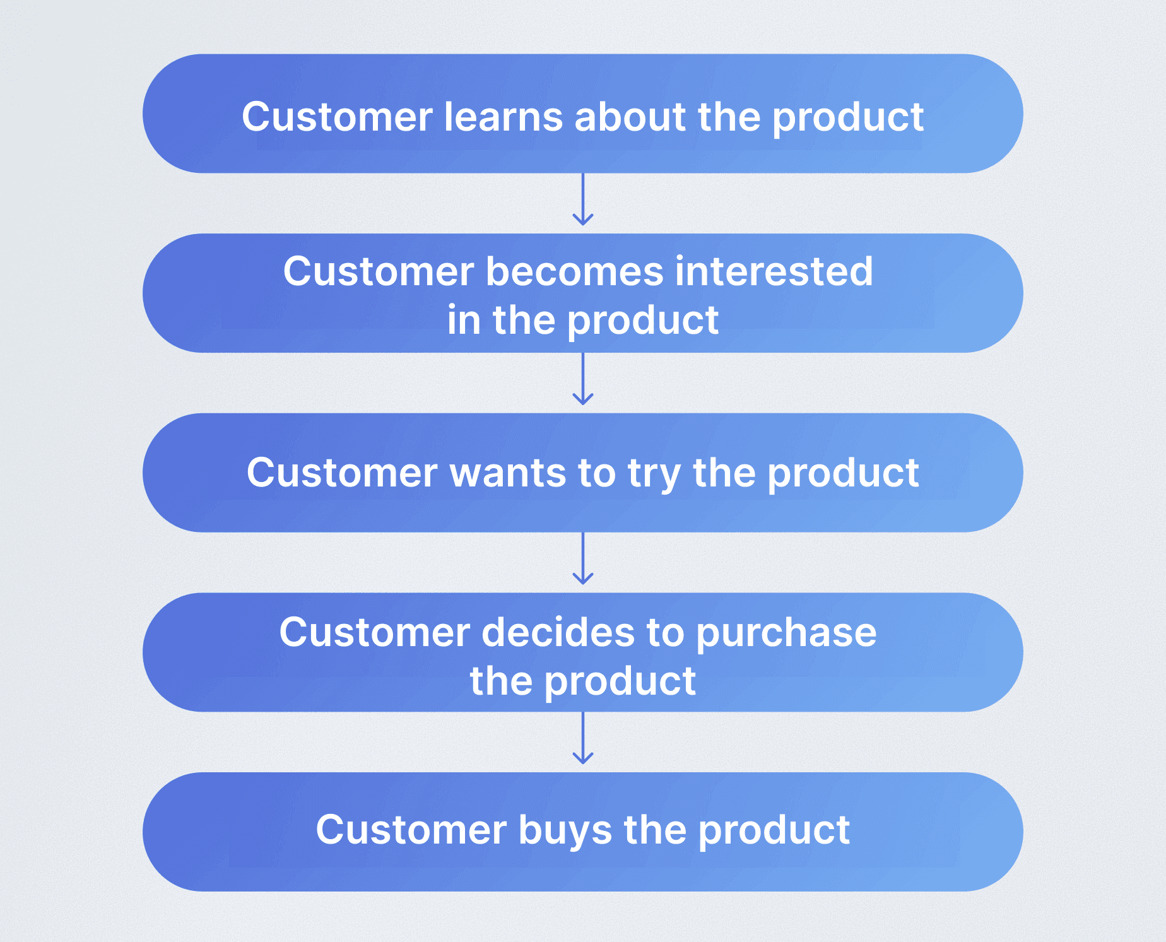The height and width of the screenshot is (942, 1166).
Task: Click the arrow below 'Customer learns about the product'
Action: point(583,199)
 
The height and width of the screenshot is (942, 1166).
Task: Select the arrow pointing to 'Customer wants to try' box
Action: point(583,379)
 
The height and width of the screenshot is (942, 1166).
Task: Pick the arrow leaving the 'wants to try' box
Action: point(583,558)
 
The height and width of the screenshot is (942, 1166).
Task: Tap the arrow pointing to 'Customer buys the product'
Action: point(583,738)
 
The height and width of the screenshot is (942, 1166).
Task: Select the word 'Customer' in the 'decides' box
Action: point(375,632)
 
